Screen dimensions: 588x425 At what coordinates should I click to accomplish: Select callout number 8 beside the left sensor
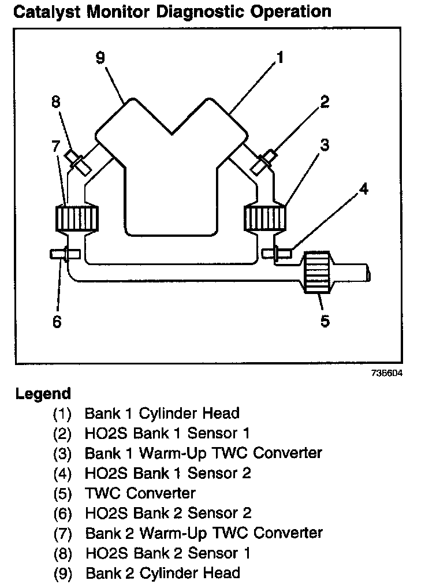[x=56, y=102]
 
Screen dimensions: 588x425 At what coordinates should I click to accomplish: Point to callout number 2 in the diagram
[x=325, y=102]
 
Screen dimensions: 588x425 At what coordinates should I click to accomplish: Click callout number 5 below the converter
[x=325, y=321]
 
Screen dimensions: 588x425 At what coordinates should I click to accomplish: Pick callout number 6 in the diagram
[x=57, y=321]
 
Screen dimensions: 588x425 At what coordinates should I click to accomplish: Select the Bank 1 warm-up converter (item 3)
[x=266, y=218]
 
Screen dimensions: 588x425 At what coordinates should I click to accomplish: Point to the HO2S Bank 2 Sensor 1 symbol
[x=77, y=160]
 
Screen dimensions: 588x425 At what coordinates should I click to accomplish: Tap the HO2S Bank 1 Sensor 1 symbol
[x=263, y=160]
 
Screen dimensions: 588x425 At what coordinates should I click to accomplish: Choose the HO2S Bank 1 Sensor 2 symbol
[x=277, y=252]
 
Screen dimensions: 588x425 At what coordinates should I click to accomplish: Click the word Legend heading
[x=43, y=394]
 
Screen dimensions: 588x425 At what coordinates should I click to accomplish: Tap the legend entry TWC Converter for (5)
[x=140, y=493]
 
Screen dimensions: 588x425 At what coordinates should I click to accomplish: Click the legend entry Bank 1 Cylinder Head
[x=162, y=413]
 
